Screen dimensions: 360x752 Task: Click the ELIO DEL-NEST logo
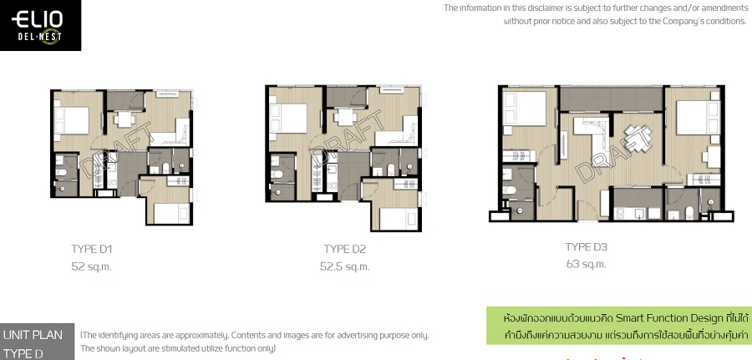(40, 25)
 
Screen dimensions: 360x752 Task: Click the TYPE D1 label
(92, 249)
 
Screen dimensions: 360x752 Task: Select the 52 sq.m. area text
(91, 266)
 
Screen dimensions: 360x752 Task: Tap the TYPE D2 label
(345, 249)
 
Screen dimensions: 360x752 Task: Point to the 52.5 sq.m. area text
(344, 266)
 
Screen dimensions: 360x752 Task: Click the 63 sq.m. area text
(586, 264)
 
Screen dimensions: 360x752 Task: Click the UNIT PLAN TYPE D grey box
(37, 343)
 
